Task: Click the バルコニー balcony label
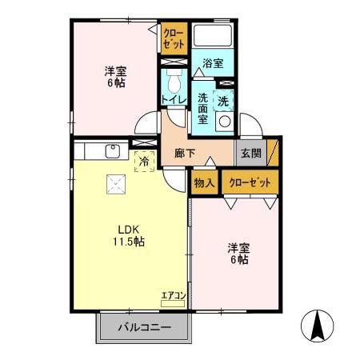click(x=143, y=327)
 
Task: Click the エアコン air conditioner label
click(x=174, y=296)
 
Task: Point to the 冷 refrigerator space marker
click(x=145, y=161)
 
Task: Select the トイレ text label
click(x=174, y=99)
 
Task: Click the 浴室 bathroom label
click(x=212, y=63)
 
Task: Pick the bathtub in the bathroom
click(x=213, y=37)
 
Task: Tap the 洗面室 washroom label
click(x=203, y=108)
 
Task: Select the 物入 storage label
click(x=204, y=182)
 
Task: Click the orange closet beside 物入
click(x=250, y=182)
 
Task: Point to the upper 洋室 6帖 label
click(x=116, y=75)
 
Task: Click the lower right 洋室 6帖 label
click(x=238, y=254)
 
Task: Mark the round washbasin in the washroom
click(x=225, y=123)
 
